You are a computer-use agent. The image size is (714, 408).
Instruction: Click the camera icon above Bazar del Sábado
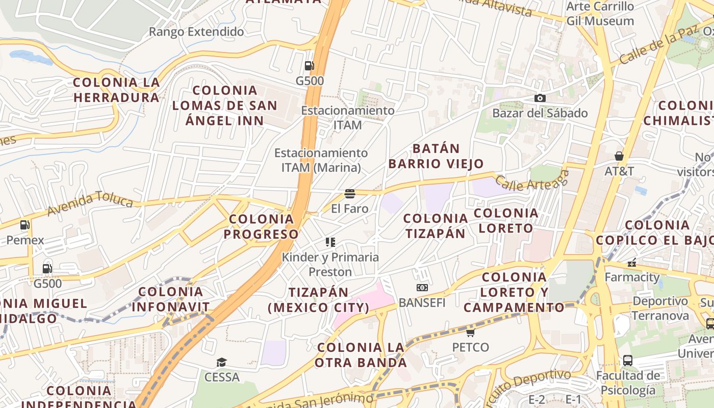(x=540, y=98)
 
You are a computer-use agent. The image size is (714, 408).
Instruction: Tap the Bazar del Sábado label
(x=540, y=113)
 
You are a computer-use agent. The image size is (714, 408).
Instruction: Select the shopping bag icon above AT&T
(x=619, y=156)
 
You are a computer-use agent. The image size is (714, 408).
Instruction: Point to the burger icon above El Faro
(x=349, y=193)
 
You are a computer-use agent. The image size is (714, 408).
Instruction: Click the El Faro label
(x=349, y=209)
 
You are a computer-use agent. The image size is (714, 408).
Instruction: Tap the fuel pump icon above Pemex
(x=24, y=225)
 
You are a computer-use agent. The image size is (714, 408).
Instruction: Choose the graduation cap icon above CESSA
(x=221, y=362)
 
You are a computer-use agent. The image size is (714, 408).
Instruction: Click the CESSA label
(x=221, y=377)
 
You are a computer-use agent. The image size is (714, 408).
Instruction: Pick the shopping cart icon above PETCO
(x=470, y=333)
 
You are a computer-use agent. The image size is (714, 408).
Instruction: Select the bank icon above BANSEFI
(x=422, y=288)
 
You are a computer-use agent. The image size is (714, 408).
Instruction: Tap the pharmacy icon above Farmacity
(x=632, y=263)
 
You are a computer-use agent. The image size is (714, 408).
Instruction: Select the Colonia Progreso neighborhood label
(x=261, y=226)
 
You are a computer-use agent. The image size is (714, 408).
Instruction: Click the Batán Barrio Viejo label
(x=436, y=156)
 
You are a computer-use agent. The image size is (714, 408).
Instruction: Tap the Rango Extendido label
(x=196, y=32)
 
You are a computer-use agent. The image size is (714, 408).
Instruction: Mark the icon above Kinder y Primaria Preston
(x=330, y=242)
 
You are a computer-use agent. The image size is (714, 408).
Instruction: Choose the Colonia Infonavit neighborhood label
(x=171, y=299)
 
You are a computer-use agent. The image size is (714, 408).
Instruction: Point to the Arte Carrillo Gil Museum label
(x=600, y=14)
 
